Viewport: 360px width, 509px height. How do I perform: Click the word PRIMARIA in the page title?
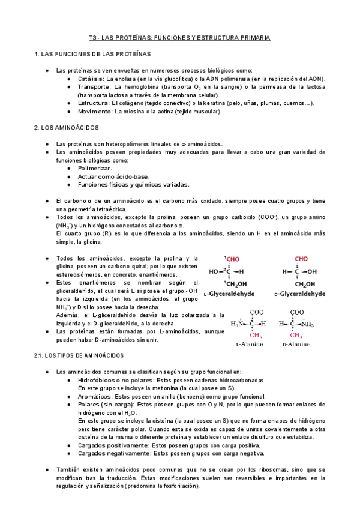[253, 37]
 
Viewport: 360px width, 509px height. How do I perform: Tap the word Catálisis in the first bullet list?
[91, 79]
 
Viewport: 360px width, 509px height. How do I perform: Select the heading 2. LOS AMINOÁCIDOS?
[67, 128]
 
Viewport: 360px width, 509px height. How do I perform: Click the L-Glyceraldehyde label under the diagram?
[229, 294]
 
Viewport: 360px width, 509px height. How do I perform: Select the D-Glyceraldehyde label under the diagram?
[299, 294]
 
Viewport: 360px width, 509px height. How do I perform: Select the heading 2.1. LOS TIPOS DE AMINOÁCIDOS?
[79, 356]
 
